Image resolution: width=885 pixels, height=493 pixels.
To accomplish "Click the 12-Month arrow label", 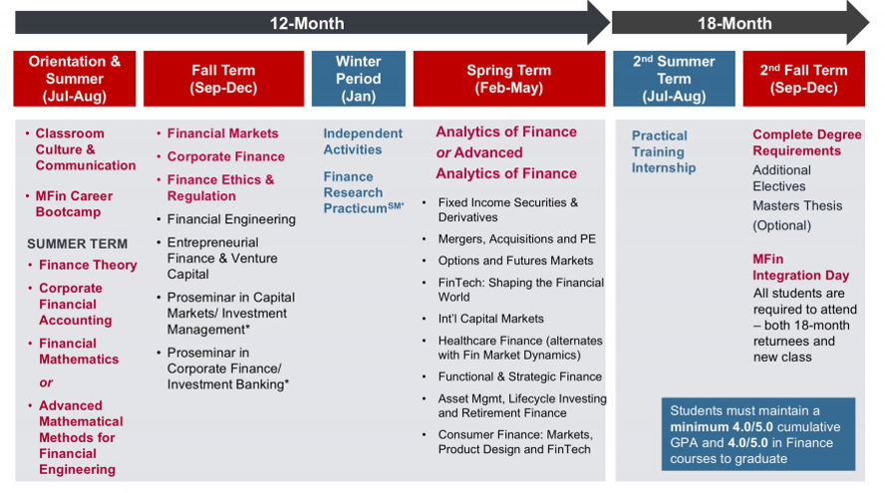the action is coord(307,23).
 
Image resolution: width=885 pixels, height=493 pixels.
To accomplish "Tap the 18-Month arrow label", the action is coord(735,23).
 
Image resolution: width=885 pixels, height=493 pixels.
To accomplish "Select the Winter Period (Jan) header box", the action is coord(359,79).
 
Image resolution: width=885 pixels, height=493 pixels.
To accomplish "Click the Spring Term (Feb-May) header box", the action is coord(509,79).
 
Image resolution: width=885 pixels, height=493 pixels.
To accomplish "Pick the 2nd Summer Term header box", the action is coord(674,79).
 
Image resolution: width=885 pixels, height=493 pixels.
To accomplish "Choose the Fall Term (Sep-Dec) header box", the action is coord(223,79).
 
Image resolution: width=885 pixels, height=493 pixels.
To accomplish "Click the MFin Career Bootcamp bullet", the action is coord(74,203).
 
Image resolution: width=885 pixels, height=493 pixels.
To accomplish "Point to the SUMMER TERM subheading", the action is coord(78,244).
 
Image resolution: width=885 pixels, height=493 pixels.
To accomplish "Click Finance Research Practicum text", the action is coord(364,192).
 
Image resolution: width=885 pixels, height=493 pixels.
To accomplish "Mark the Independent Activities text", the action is coord(363,141).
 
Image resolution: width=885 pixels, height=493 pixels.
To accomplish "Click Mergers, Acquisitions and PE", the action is coord(516,239).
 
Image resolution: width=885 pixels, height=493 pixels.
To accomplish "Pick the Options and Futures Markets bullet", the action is coord(515,260).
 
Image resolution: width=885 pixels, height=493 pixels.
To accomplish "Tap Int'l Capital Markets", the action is coord(490,318).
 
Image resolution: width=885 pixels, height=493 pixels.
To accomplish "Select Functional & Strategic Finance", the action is coord(520,376).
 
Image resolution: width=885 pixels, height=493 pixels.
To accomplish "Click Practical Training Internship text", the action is coord(663,151).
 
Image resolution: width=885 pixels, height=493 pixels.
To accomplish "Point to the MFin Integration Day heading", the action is coord(800,267).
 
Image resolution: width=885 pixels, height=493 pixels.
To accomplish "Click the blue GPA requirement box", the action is coord(758,434).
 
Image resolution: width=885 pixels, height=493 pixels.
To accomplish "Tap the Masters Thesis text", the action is coord(797,205).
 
